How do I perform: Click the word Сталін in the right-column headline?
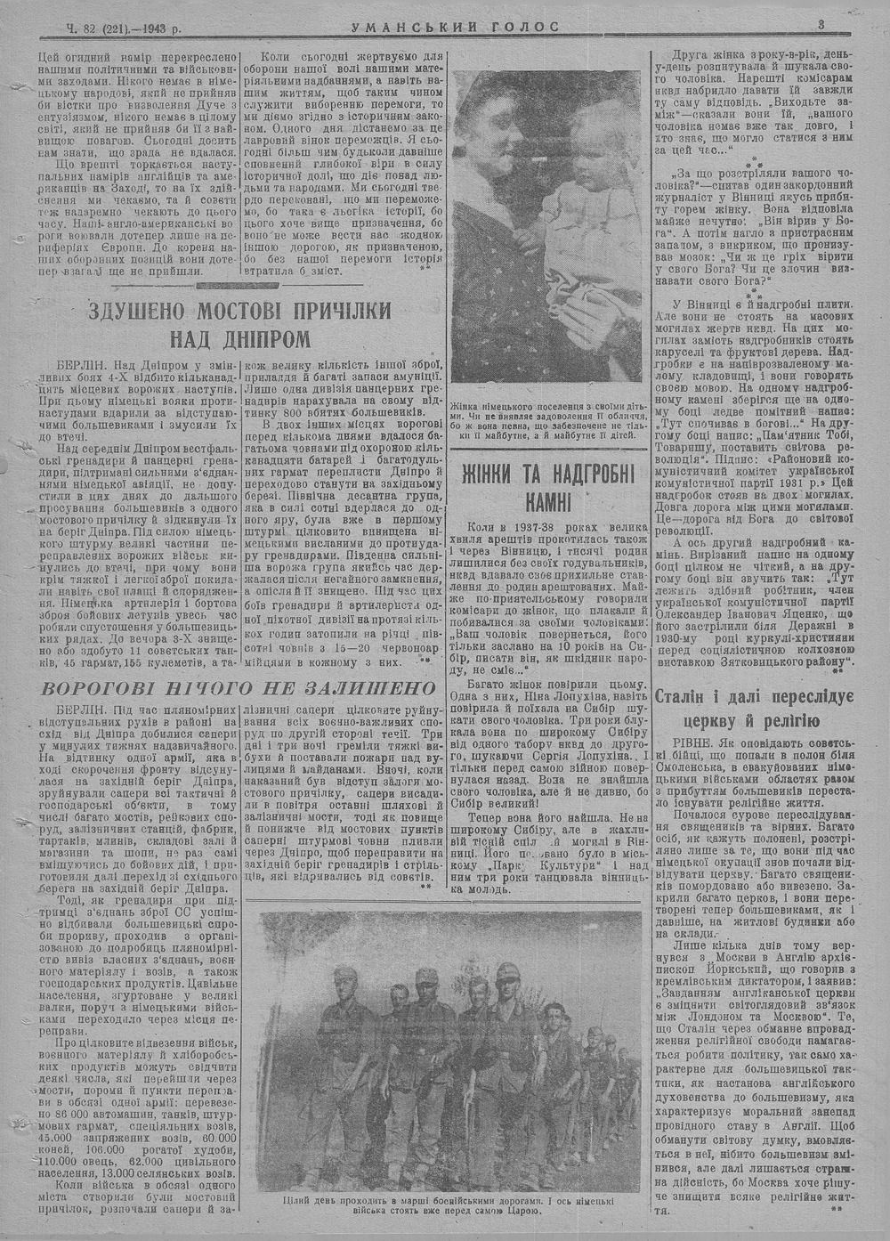(x=709, y=697)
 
